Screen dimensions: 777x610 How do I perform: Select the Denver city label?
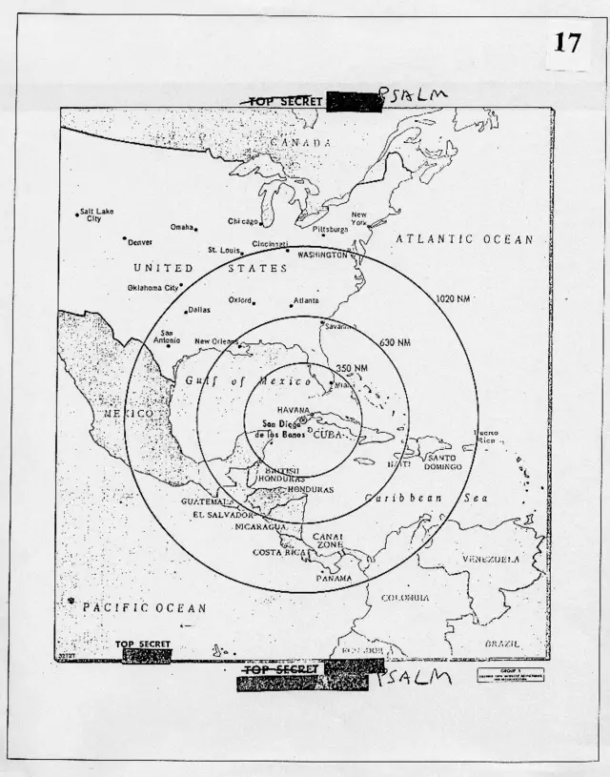click(x=140, y=241)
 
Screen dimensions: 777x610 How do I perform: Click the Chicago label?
click(x=243, y=221)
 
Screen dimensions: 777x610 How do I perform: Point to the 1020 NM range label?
click(x=454, y=298)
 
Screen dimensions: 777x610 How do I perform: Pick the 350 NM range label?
click(x=353, y=368)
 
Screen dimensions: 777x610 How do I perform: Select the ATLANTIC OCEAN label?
click(x=464, y=239)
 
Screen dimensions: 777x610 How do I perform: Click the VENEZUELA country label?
click(x=491, y=559)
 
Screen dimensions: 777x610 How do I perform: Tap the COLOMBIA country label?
click(x=405, y=598)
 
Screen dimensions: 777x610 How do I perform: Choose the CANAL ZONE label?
click(x=328, y=541)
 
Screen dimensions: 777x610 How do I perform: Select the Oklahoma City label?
click(x=153, y=287)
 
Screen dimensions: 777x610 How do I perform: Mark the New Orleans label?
click(x=216, y=341)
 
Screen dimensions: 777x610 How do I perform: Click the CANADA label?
click(x=300, y=142)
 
